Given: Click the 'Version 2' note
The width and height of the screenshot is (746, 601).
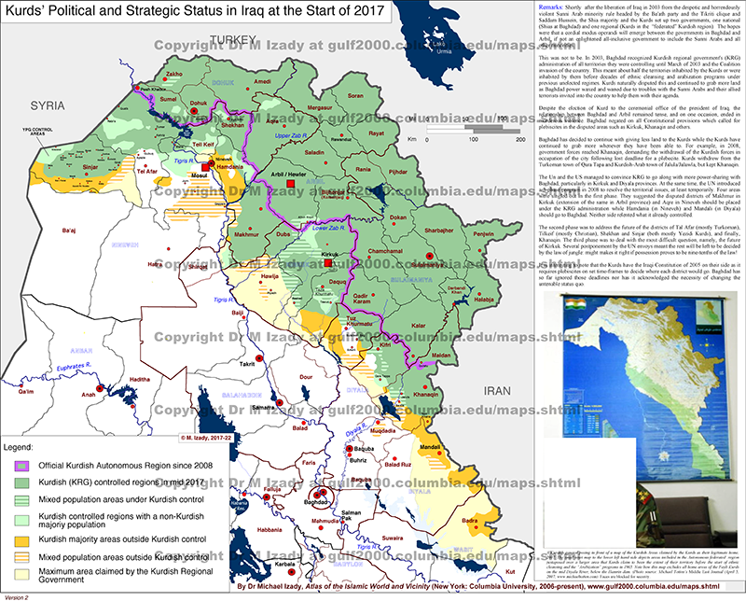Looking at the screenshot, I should pos(16,595).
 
